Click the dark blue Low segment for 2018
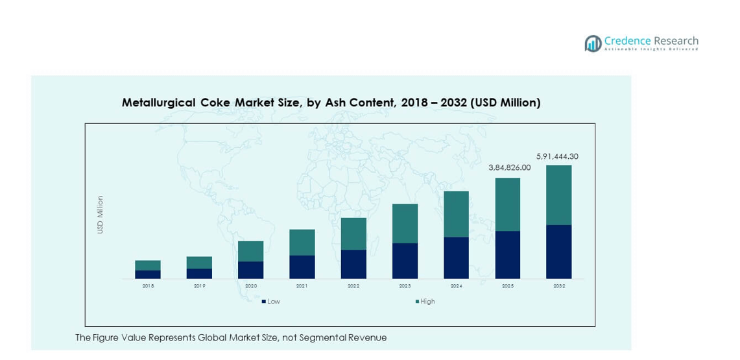pyautogui.click(x=148, y=274)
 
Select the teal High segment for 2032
pyautogui.click(x=558, y=195)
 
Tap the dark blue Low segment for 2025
pyautogui.click(x=507, y=255)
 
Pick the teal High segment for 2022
pyautogui.click(x=353, y=234)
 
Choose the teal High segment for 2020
pyautogui.click(x=251, y=251)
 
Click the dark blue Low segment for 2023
pyautogui.click(x=405, y=261)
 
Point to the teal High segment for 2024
pyautogui.click(x=456, y=214)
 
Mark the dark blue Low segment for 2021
pyautogui.click(x=302, y=267)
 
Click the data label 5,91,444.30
pyautogui.click(x=557, y=156)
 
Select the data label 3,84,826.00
pyautogui.click(x=509, y=167)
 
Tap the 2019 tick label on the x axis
pyautogui.click(x=199, y=286)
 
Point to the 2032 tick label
pyautogui.click(x=558, y=286)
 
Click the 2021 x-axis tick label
pyautogui.click(x=302, y=286)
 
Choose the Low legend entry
pyautogui.click(x=272, y=302)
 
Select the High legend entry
pyautogui.click(x=427, y=302)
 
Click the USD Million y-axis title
pyautogui.click(x=101, y=215)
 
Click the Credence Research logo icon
pyautogui.click(x=593, y=43)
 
